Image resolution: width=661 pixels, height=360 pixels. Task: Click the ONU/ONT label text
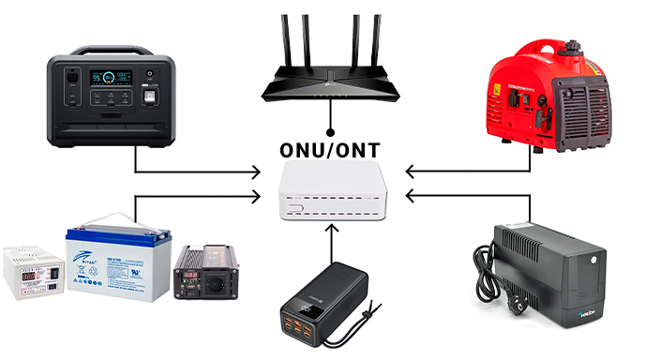click(x=330, y=151)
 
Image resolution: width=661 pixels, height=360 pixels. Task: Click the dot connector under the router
click(x=330, y=131)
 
